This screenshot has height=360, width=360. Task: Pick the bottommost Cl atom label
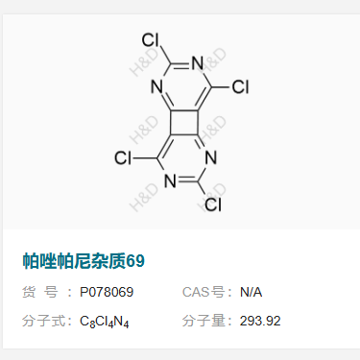[214, 204]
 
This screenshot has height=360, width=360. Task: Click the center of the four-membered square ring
[182, 122]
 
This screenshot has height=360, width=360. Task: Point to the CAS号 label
[203, 292]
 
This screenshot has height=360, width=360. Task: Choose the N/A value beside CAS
[252, 292]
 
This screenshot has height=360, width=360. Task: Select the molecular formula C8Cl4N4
[105, 322]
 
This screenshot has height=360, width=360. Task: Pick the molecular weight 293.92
[260, 321]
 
